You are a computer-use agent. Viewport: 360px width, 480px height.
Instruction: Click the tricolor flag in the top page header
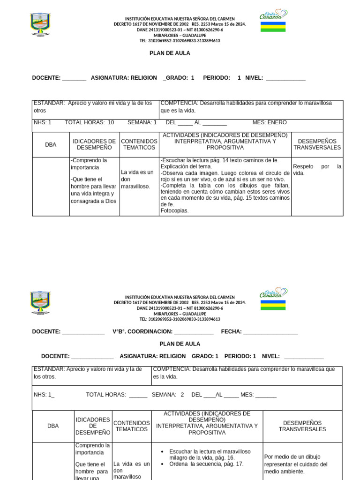pos(273,27)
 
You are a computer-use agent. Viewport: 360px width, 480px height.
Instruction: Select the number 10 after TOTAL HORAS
pos(111,122)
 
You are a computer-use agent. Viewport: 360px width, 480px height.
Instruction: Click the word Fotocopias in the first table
pos(174,211)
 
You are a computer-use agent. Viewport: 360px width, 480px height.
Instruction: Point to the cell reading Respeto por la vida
pos(317,170)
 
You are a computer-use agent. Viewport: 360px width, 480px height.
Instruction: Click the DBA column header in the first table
pos(51,145)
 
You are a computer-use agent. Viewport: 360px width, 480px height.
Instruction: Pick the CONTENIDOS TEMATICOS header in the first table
pos(139,144)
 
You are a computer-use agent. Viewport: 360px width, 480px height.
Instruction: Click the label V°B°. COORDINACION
pos(142,332)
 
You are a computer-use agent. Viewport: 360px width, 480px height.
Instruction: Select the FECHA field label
pos(231,332)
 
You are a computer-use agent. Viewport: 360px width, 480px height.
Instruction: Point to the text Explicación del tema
pos(186,166)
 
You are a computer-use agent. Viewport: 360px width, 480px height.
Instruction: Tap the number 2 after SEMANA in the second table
pos(182,395)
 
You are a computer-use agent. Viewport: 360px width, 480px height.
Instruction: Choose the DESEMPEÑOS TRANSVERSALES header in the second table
pos(302,426)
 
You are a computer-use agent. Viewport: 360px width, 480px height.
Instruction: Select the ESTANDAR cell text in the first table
pos(93,106)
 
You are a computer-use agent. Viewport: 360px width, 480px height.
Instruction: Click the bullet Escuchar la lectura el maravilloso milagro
pos(210,454)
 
